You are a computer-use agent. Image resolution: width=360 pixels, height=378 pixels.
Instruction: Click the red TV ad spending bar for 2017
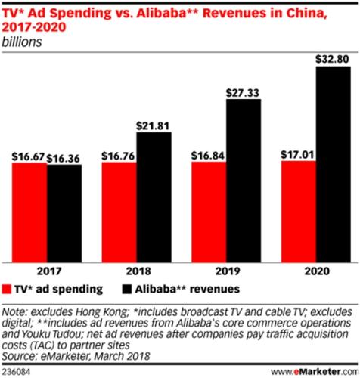(x=29, y=212)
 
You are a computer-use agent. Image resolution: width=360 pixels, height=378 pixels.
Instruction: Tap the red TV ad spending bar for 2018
(x=118, y=212)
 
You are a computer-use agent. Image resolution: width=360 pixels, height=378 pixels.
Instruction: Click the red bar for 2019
(x=208, y=212)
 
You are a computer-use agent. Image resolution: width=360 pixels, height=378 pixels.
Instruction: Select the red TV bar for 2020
(x=297, y=211)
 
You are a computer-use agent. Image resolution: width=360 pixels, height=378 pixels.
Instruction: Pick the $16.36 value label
(x=64, y=157)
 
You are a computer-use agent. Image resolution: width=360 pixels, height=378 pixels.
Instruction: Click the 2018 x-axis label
(x=135, y=269)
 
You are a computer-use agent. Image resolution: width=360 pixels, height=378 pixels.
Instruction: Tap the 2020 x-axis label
(x=315, y=269)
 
